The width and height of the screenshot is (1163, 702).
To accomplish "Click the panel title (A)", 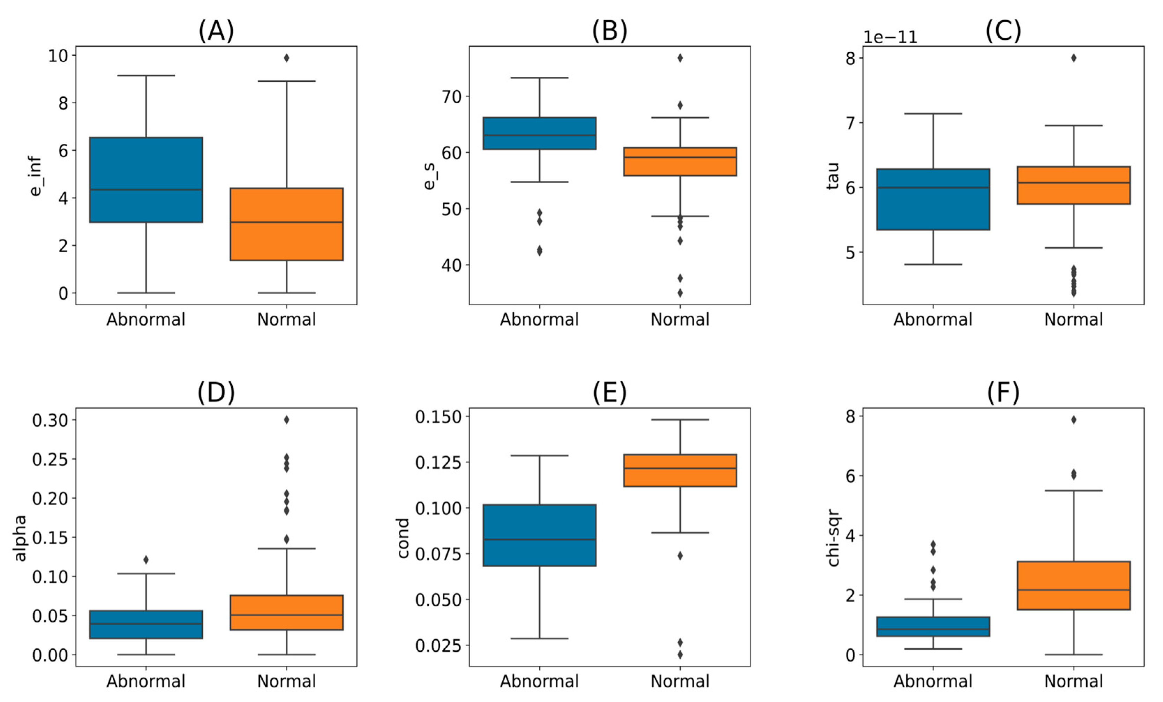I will pyautogui.click(x=216, y=31).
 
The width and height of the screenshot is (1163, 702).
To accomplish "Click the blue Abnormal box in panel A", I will pyautogui.click(x=146, y=179).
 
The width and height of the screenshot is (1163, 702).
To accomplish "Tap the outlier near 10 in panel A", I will pyautogui.click(x=286, y=58).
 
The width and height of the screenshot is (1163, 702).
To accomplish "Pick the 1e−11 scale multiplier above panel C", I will pyautogui.click(x=890, y=37).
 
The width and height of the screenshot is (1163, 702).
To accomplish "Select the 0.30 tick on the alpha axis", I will pyautogui.click(x=50, y=420).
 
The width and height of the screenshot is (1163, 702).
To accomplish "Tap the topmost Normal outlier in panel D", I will pyautogui.click(x=286, y=420).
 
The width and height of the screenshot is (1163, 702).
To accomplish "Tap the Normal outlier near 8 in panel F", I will pyautogui.click(x=1073, y=420).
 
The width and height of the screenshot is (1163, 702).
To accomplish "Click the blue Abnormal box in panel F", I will pyautogui.click(x=933, y=627).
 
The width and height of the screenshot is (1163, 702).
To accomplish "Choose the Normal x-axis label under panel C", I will pyautogui.click(x=1073, y=320).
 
